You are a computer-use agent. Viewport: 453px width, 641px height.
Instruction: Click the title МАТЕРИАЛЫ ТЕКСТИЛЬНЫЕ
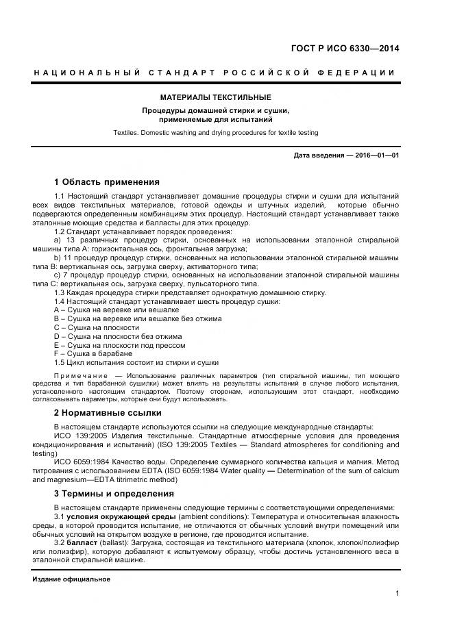(x=216, y=98)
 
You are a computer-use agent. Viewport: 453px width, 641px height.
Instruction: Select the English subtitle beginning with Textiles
(x=216, y=133)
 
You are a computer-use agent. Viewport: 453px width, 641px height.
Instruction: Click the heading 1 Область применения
(x=106, y=182)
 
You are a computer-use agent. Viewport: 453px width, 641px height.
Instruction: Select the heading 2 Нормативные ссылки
(x=108, y=413)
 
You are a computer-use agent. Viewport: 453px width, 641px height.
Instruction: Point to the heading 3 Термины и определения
(x=114, y=494)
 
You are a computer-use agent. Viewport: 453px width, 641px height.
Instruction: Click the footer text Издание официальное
(x=71, y=579)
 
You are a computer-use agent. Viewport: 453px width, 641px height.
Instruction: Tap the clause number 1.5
(x=60, y=362)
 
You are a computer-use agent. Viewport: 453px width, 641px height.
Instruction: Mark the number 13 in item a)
(x=70, y=240)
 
